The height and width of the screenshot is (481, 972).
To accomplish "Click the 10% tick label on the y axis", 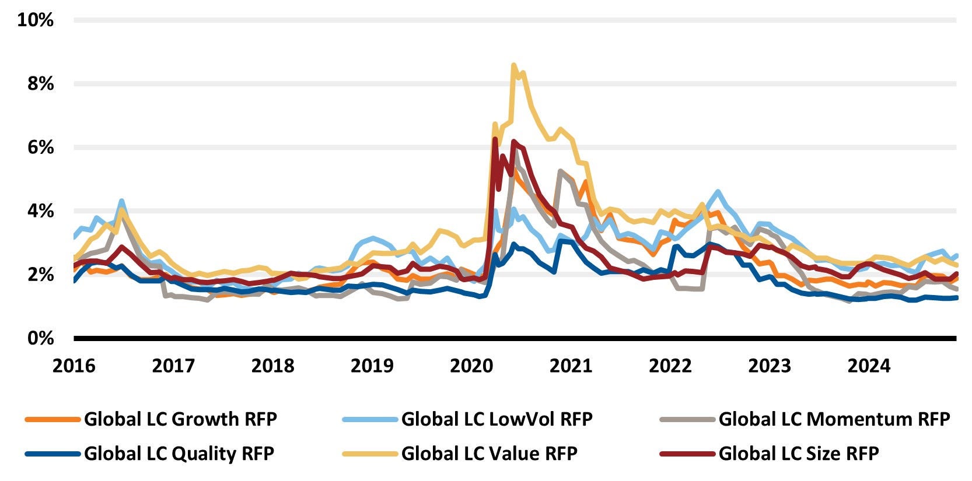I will (x=36, y=20).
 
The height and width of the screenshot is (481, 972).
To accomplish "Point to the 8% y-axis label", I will (x=40, y=83).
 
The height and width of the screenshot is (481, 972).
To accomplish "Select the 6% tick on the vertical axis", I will (x=40, y=147).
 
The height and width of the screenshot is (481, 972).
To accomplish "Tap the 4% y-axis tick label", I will (x=40, y=211).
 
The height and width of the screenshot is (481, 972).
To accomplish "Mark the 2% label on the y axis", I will (x=40, y=275).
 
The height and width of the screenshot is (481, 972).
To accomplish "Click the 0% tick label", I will (x=40, y=338).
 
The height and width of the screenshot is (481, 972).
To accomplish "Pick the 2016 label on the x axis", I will (x=74, y=366).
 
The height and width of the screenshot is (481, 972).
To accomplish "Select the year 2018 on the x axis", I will (x=272, y=366).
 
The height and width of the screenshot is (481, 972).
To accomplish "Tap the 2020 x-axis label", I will (x=471, y=366).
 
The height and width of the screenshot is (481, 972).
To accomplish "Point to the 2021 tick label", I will (x=571, y=366).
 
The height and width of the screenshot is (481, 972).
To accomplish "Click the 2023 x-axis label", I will (x=770, y=366).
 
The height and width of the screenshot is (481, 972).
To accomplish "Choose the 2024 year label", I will (x=869, y=366).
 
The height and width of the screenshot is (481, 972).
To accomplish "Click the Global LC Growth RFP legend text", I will (x=180, y=419).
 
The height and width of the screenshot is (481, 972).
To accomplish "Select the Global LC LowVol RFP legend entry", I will (x=497, y=419).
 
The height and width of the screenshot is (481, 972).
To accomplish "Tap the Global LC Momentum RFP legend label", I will (x=834, y=419).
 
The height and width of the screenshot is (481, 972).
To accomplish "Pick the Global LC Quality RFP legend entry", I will (x=179, y=454).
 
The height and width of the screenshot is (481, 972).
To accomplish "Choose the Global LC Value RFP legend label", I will (x=489, y=454).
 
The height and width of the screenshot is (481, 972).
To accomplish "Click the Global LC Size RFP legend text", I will (x=798, y=454).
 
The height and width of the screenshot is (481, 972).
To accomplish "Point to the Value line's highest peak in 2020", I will (x=513, y=65).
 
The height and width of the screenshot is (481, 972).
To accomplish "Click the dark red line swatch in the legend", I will (x=687, y=454).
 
